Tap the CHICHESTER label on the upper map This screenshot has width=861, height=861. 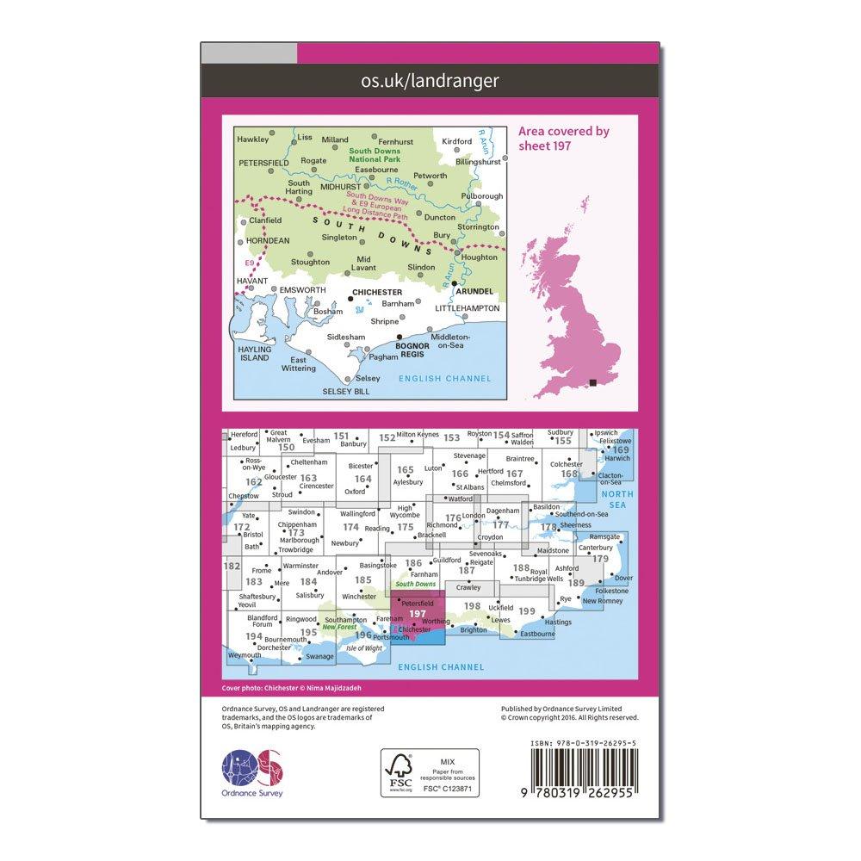(x=376, y=293)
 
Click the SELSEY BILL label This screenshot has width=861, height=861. (x=345, y=391)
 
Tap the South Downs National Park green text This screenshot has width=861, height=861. (x=375, y=156)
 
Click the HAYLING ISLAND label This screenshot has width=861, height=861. (x=256, y=354)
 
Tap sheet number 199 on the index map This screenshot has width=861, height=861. (x=527, y=611)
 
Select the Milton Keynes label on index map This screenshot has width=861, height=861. (x=418, y=436)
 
